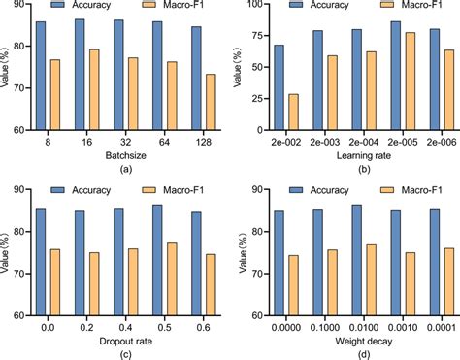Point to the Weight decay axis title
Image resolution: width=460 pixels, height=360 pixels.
(349, 340)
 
